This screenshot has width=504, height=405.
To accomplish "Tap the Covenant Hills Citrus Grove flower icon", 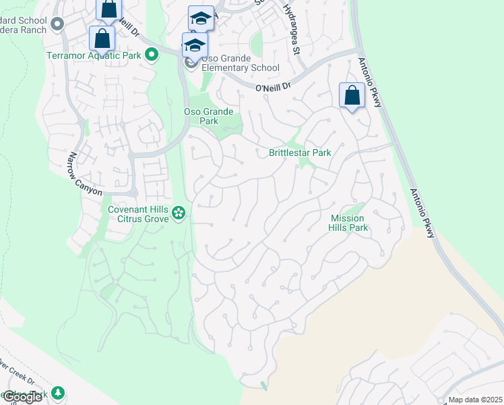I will click(179, 214).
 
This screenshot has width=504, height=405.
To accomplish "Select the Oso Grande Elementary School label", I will click(240, 67).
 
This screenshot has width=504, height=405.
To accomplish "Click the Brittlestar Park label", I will click(300, 153).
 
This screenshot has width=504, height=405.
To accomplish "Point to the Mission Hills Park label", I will click(348, 223).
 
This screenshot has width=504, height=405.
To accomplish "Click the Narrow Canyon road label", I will click(84, 174).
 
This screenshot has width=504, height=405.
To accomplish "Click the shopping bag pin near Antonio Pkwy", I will click(352, 96).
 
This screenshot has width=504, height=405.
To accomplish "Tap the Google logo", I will click(22, 397).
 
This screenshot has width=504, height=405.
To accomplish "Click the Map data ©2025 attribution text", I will click(475, 400).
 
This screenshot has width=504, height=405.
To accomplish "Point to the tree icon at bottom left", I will click(58, 392).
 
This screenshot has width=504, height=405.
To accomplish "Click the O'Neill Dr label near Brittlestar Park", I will click(273, 87).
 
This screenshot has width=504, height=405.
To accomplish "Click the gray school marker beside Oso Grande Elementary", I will click(191, 64).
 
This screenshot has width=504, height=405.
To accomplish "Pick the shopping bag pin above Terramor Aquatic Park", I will click(102, 38).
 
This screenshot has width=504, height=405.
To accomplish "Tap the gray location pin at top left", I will click(57, 24).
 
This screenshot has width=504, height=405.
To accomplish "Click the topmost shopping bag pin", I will click(108, 9).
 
